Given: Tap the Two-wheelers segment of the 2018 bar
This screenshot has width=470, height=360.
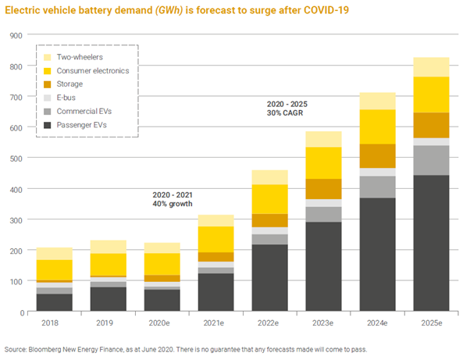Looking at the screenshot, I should (x=54, y=254).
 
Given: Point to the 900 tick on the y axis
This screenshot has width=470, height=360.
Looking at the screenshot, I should (x=16, y=35).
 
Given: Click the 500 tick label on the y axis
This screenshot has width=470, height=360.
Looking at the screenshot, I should (x=16, y=159).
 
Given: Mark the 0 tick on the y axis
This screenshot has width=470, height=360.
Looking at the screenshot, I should (x=20, y=312).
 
